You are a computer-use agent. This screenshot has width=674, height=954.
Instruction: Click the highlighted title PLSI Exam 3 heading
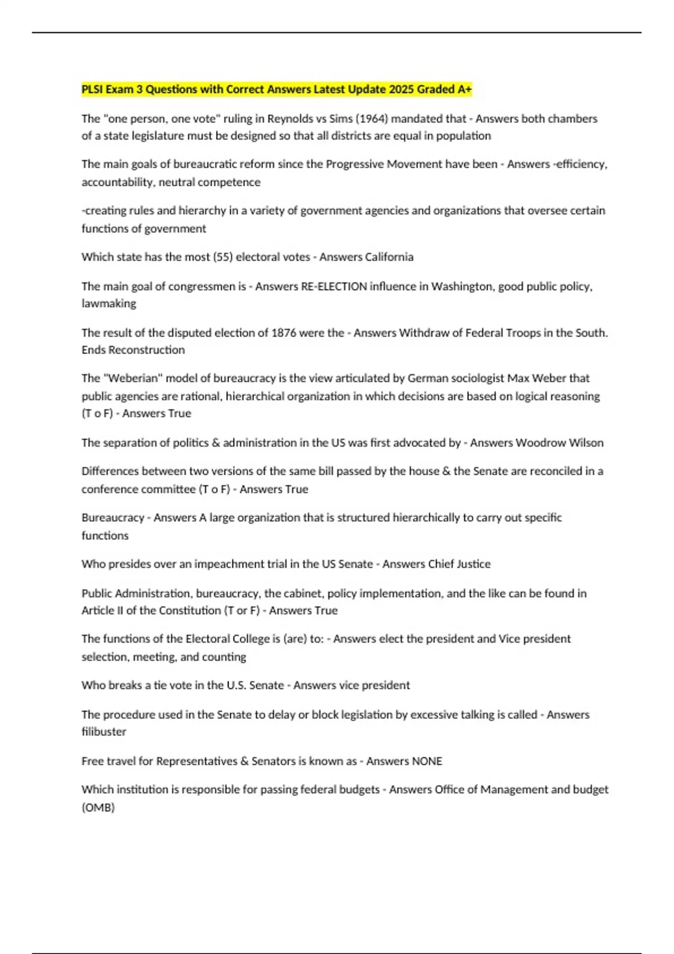[x=276, y=89]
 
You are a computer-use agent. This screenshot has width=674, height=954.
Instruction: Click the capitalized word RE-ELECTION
[x=334, y=286]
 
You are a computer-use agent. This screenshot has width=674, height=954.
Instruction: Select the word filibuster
[x=104, y=732]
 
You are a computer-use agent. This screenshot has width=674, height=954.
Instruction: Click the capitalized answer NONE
[x=427, y=762]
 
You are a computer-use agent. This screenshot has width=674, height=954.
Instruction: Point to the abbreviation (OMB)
[x=98, y=808]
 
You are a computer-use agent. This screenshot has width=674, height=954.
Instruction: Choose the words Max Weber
[x=536, y=378]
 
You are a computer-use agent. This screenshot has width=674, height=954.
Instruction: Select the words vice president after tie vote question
[x=374, y=685]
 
